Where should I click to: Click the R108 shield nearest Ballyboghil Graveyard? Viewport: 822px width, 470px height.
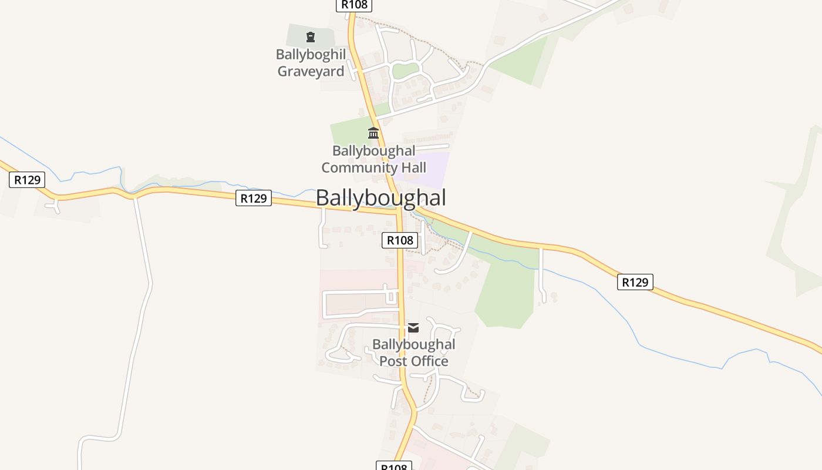click(354, 5)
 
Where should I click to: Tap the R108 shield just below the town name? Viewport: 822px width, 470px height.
click(400, 240)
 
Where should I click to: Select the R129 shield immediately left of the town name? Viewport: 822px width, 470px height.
click(254, 199)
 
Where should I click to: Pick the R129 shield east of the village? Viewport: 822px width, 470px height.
click(635, 282)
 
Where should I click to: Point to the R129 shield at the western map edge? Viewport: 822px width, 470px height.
click(27, 180)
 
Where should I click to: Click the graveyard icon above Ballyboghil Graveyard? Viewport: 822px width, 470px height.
click(311, 38)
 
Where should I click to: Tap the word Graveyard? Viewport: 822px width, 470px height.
click(311, 72)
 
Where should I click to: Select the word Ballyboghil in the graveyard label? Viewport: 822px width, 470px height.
click(311, 55)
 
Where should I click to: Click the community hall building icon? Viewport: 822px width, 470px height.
click(373, 133)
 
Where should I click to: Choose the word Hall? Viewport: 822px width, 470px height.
click(414, 167)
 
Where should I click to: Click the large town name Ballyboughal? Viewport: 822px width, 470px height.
click(380, 198)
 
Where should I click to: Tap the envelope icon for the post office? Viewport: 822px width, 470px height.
click(413, 328)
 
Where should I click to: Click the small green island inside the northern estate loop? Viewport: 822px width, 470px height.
click(405, 71)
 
